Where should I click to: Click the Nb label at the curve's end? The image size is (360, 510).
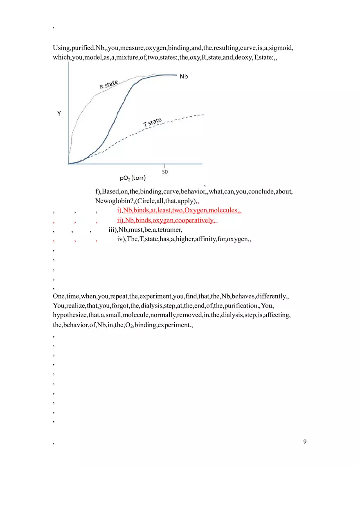[x=184, y=76]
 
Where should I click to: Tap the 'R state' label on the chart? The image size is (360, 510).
[x=109, y=85]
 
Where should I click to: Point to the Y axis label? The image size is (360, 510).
[x=59, y=114]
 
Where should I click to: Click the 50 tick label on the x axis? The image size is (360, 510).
[x=164, y=172]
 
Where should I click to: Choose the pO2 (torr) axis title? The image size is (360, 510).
[x=133, y=178]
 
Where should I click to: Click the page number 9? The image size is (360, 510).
[x=305, y=441]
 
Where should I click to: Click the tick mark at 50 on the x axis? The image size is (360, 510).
[x=164, y=166]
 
